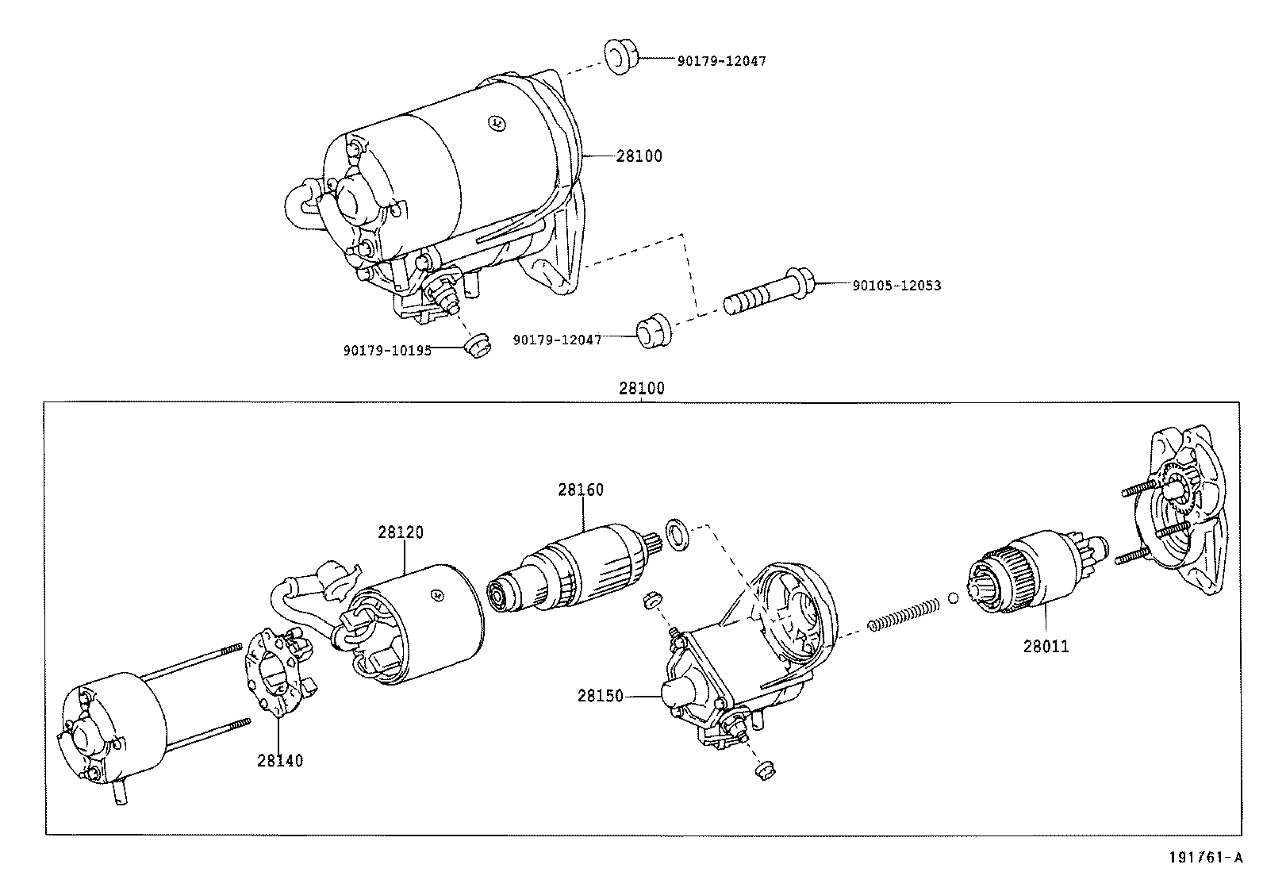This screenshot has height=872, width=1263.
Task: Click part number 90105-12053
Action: coord(896,285)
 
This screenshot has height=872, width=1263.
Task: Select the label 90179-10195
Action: coord(387,350)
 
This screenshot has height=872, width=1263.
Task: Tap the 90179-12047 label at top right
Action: coord(721,60)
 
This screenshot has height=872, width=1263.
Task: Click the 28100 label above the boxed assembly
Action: coord(641,389)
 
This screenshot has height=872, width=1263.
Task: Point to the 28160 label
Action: coord(580,490)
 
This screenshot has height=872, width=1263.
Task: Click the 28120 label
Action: coord(400,532)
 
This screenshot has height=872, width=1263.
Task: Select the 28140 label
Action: coord(279,760)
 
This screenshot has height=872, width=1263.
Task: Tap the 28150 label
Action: coord(601,696)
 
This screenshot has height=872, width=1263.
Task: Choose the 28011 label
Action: coord(1045,646)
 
